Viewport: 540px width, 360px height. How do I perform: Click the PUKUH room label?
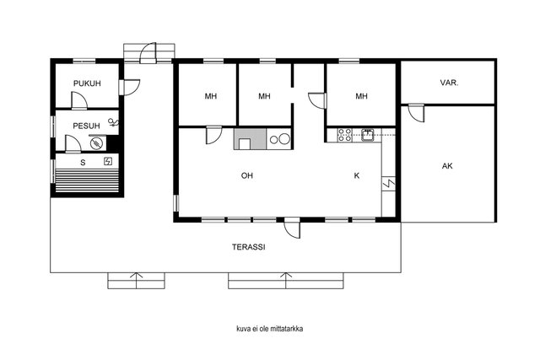(87, 83)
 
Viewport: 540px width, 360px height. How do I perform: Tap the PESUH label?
(86, 126)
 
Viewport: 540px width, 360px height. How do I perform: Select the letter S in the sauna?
(83, 163)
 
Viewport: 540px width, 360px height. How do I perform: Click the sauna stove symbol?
(108, 161)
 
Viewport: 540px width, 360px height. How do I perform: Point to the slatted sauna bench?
(87, 180)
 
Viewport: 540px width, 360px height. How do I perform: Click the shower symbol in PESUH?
(114, 122)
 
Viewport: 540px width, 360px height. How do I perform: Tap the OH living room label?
(247, 175)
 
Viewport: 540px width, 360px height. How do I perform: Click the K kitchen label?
(357, 175)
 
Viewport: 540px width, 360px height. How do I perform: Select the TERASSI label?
(248, 247)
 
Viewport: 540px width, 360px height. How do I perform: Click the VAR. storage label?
(449, 83)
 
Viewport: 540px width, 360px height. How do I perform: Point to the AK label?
(447, 166)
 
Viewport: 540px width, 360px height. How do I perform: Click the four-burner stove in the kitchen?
(344, 135)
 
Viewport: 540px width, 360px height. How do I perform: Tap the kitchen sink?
(368, 135)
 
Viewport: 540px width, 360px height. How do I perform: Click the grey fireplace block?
(250, 139)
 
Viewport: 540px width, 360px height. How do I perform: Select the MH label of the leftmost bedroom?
(211, 96)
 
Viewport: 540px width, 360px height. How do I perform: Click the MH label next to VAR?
(361, 96)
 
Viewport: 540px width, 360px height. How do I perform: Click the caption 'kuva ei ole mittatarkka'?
(270, 329)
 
